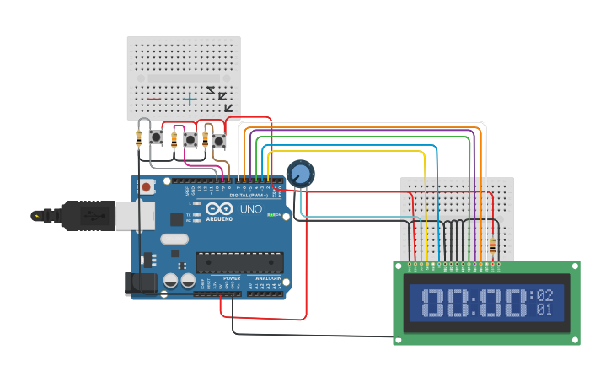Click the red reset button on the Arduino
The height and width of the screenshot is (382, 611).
coord(147,186)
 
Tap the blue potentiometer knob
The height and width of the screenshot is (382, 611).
coord(300,174)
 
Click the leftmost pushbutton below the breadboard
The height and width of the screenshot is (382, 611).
coord(156,137)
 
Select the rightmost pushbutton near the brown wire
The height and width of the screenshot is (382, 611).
coord(219,141)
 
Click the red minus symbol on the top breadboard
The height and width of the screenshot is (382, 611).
coord(154,99)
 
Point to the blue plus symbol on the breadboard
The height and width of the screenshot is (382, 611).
coord(190,99)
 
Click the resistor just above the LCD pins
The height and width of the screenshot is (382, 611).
coord(492,246)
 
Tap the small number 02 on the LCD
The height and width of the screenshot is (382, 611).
coord(544,295)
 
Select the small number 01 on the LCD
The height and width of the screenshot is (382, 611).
coord(544,309)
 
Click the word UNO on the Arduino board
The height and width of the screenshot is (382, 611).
coord(251,208)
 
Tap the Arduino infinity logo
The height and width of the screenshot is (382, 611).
coord(219,209)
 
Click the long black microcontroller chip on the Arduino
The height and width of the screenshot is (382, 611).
coord(239,262)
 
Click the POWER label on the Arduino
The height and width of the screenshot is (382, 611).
coord(231,277)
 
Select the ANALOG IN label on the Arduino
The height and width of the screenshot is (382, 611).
coord(268,277)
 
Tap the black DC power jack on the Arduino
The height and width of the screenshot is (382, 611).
coord(141,283)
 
